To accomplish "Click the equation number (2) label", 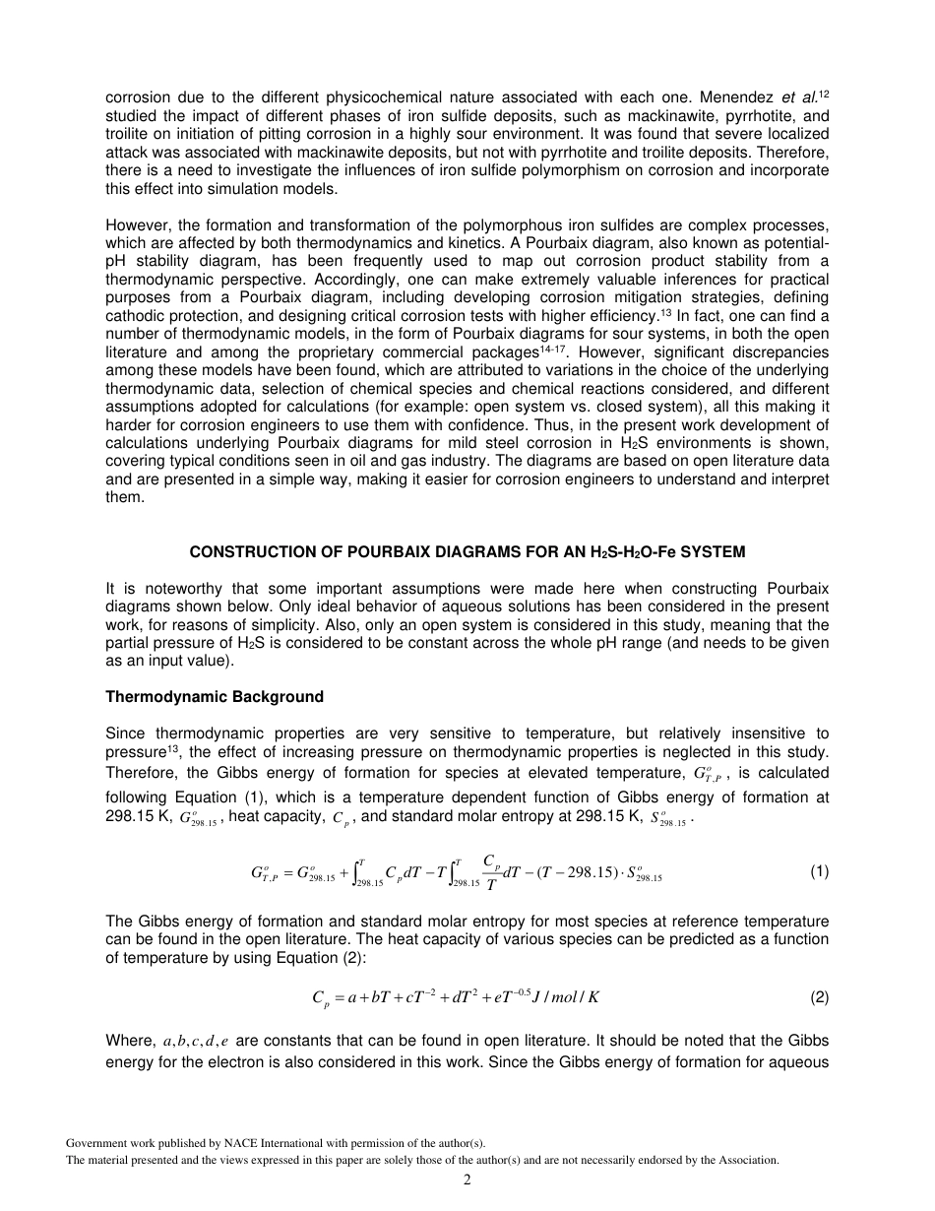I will (x=819, y=997).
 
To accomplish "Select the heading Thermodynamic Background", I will (x=215, y=697).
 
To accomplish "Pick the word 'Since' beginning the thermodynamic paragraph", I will (x=125, y=733).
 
